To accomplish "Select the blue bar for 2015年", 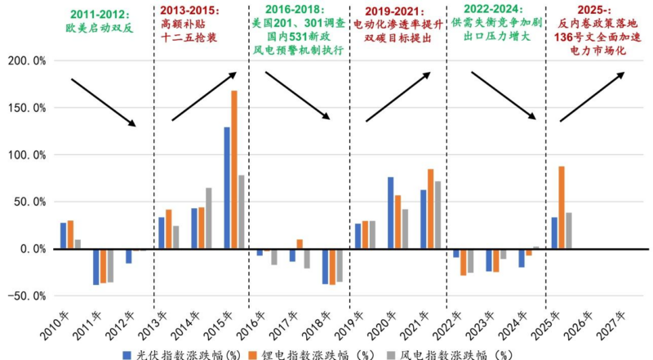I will coord(227,188).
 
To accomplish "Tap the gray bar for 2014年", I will coord(209,218).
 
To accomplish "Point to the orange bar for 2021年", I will coord(431,208).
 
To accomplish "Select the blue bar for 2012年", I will coord(129,256).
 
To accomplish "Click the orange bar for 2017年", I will coord(300,243).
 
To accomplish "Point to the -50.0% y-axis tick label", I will coord(26,296).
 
